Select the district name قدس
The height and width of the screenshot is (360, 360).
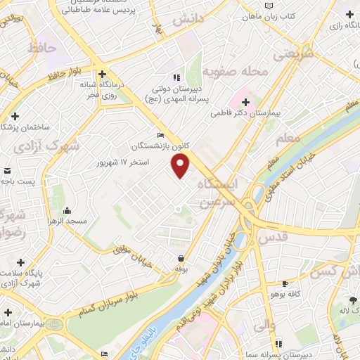274,238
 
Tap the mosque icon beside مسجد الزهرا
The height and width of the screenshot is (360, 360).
67,210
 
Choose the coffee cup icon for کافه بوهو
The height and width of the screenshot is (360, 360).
285,284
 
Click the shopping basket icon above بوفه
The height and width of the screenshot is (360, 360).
182,258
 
